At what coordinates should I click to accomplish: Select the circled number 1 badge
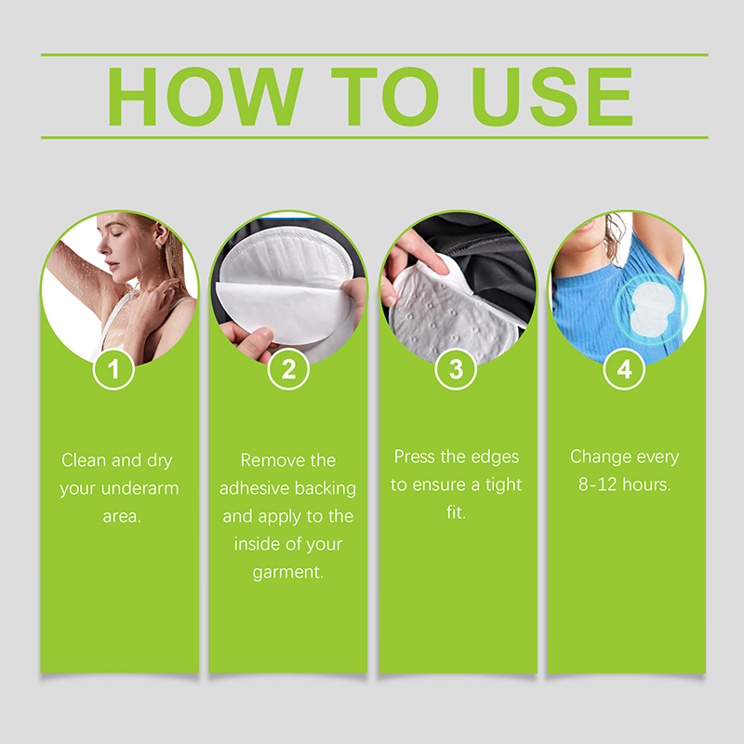click(x=113, y=368)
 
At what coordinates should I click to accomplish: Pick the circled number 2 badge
click(x=288, y=368)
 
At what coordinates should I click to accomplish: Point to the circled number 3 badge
click(x=456, y=368)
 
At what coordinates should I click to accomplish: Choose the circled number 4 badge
click(x=624, y=368)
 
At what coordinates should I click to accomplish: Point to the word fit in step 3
click(x=455, y=512)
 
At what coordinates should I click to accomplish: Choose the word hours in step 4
click(x=646, y=485)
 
